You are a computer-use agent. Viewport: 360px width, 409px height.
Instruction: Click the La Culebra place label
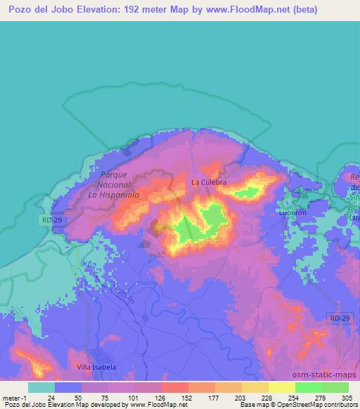(x=209, y=182)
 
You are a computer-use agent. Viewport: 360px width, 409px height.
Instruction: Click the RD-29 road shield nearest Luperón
(x=338, y=319)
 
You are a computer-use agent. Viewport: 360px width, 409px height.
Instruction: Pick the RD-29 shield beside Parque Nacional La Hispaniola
(x=48, y=220)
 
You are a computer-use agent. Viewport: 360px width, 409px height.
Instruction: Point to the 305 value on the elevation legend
(x=348, y=397)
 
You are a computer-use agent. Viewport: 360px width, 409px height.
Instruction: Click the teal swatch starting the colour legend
(x=41, y=387)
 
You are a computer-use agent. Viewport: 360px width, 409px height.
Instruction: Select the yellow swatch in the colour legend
(x=281, y=387)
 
